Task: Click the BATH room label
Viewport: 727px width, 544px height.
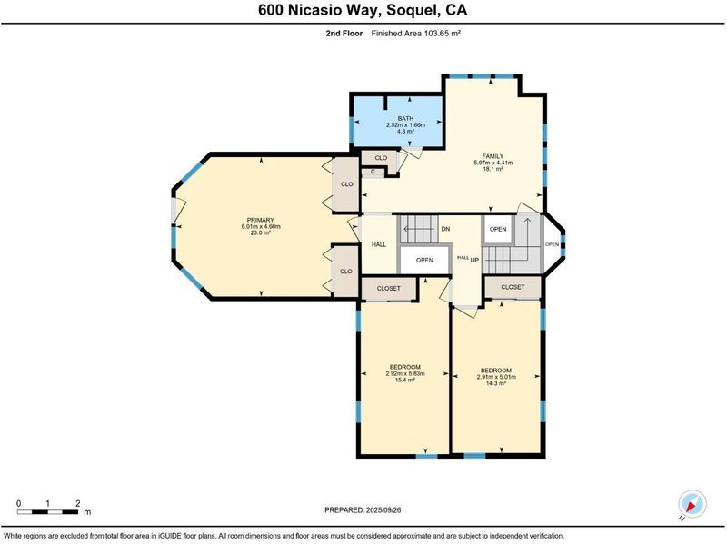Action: [405, 119]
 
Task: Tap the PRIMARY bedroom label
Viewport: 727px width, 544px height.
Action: [260, 220]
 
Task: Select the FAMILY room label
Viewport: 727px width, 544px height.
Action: [493, 156]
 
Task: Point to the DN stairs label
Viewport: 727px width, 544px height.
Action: [445, 229]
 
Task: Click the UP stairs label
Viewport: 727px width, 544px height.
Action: [474, 261]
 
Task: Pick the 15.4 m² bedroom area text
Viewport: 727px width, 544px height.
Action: [404, 380]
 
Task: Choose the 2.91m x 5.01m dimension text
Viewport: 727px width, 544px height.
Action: [496, 377]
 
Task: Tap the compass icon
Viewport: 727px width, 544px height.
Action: [692, 504]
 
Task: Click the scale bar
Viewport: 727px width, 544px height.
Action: [48, 512]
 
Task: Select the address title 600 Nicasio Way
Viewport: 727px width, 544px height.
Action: [320, 10]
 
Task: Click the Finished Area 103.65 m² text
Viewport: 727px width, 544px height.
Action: [415, 34]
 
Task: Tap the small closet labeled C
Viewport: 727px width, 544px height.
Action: [373, 172]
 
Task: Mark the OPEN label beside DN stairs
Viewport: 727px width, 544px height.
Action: [424, 260]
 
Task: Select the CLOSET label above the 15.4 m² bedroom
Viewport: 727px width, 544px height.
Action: [389, 288]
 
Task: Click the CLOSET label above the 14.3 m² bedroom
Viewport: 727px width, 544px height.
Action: [513, 287]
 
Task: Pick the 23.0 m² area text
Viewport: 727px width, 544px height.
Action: [260, 233]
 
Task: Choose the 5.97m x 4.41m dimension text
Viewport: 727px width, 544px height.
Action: [493, 163]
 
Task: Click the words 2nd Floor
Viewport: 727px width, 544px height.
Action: [344, 34]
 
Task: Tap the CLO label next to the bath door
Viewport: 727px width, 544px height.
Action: [381, 158]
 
